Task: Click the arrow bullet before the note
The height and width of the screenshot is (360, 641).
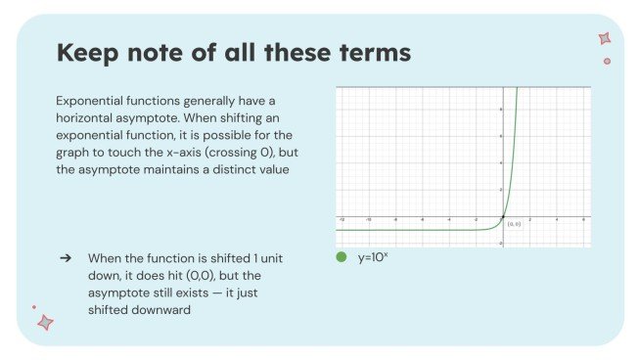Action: [66, 257]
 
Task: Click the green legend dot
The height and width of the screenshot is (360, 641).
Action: [341, 257]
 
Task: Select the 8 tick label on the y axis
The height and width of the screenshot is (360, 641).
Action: [500, 109]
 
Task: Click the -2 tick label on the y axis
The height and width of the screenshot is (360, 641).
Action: [499, 243]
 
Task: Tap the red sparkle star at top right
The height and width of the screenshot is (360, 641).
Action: [604, 39]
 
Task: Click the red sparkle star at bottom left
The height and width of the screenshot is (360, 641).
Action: [44, 321]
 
